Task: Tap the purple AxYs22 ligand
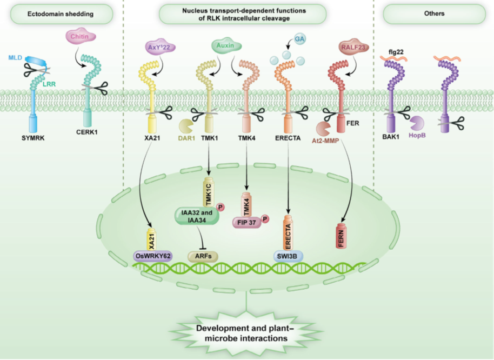point(160,47)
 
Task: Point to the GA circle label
point(299,39)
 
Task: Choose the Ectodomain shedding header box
point(62,14)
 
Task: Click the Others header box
point(434,14)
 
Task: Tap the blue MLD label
point(15,58)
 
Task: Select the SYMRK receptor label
point(33,138)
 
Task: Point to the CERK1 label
point(87,132)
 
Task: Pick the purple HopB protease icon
point(417,124)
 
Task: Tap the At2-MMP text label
point(325,141)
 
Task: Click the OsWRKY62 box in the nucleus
point(153,256)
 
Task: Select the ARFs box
point(203,256)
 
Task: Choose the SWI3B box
point(288,256)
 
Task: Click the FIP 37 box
point(247,223)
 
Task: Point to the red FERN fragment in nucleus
point(341,236)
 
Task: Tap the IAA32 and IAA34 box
point(197,216)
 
